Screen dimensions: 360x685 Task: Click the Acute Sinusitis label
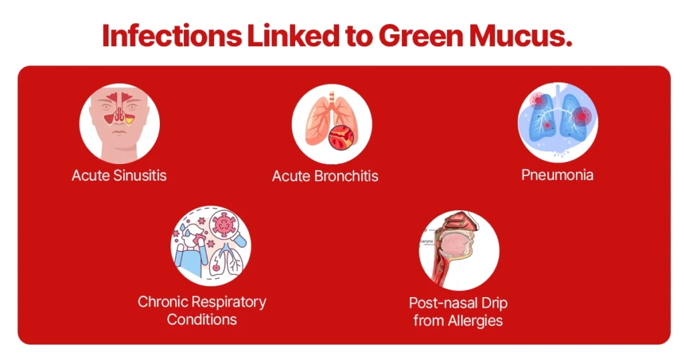tap(119, 176)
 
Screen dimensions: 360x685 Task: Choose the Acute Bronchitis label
tap(325, 177)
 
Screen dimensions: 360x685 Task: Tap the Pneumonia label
tap(557, 175)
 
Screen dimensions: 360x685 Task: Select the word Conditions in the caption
tap(202, 319)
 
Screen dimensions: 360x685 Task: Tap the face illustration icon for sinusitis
tap(119, 124)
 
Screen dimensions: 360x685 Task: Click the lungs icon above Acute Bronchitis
tap(331, 124)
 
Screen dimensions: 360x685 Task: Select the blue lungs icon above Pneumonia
tap(557, 122)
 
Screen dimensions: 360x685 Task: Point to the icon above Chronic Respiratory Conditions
tap(211, 246)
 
